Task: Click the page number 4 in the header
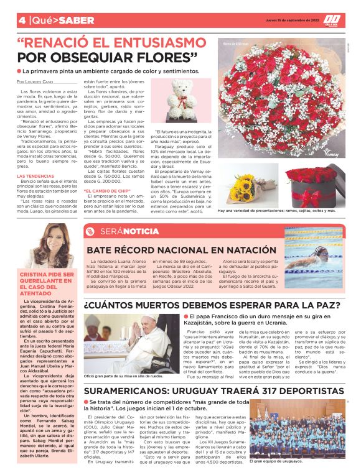pyautogui.click(x=22, y=20)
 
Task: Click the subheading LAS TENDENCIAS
pyautogui.click(x=34, y=176)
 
